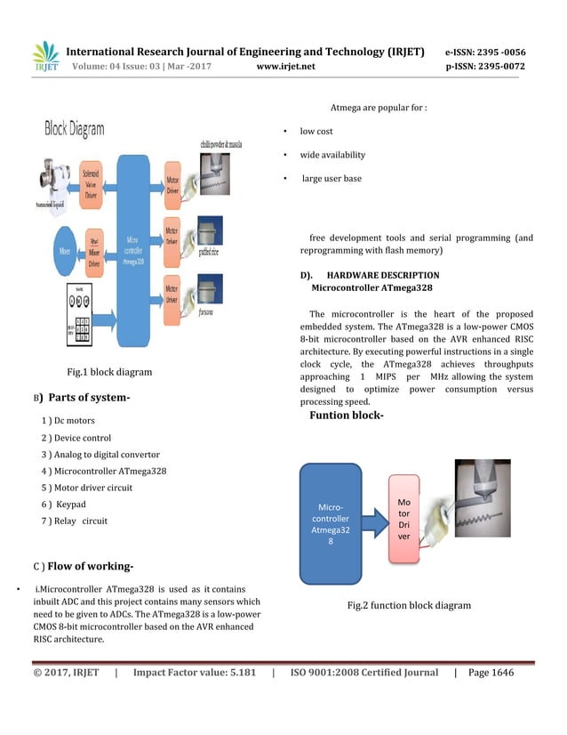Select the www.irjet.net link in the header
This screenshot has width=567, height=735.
pyautogui.click(x=285, y=66)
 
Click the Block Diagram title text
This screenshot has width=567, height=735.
pyautogui.click(x=75, y=129)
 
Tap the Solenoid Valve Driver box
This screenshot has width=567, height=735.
pyautogui.click(x=91, y=182)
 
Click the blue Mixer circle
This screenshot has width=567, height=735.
pyautogui.click(x=64, y=252)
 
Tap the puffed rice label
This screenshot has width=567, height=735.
pyautogui.click(x=208, y=252)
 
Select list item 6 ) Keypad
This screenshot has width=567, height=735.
pyautogui.click(x=64, y=505)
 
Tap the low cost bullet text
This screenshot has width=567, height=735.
pyautogui.click(x=316, y=132)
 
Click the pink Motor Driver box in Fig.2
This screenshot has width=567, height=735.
pyautogui.click(x=403, y=519)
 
